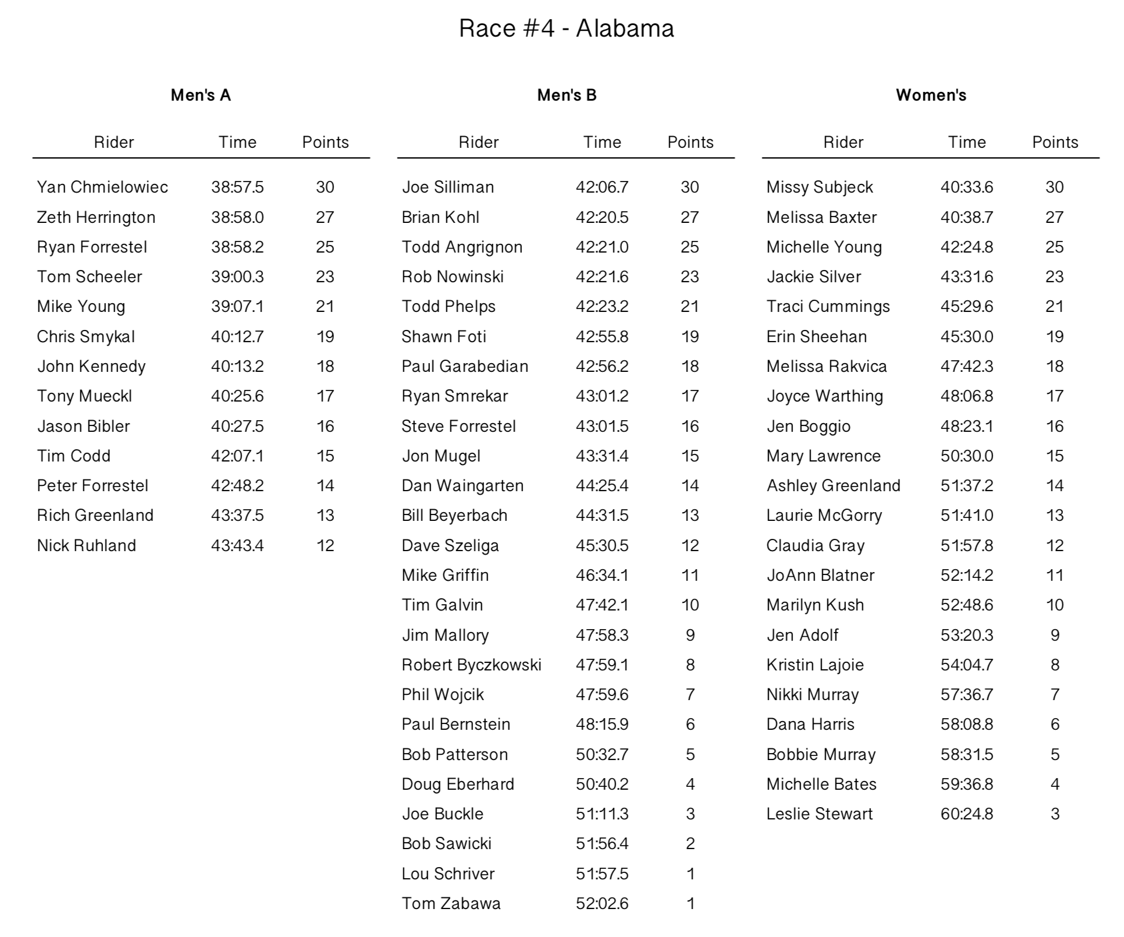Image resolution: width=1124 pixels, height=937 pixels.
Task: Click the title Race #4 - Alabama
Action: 566,29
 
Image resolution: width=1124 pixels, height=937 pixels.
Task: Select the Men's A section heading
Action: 201,95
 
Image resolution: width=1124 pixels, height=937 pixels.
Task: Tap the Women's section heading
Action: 931,95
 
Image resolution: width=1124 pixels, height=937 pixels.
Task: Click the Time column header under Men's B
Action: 602,143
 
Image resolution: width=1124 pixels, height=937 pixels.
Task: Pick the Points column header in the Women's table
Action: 1055,143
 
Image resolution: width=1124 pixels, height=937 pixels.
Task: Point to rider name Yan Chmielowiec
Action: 102,187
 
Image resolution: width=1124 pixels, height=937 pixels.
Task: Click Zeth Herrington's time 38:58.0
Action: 237,218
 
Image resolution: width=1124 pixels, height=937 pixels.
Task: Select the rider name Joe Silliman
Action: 447,187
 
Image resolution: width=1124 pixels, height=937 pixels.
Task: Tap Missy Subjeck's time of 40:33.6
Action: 967,187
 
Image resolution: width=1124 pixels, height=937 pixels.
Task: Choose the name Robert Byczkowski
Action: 471,665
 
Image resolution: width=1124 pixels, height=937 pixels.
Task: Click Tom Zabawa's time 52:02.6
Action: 602,904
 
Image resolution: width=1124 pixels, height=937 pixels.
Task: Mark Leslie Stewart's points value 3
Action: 1055,814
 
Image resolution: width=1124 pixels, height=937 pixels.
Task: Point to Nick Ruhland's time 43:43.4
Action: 237,546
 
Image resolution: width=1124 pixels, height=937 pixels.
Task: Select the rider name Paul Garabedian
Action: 465,367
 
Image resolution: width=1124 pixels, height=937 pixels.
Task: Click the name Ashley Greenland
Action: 833,486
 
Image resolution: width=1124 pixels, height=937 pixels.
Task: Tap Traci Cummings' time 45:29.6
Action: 967,307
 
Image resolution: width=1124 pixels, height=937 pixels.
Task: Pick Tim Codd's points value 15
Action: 325,456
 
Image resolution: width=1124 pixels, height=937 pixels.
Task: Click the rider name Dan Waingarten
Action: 463,486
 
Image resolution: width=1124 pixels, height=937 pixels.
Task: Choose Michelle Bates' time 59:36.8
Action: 967,785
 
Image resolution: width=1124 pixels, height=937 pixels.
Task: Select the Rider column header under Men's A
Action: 114,143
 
